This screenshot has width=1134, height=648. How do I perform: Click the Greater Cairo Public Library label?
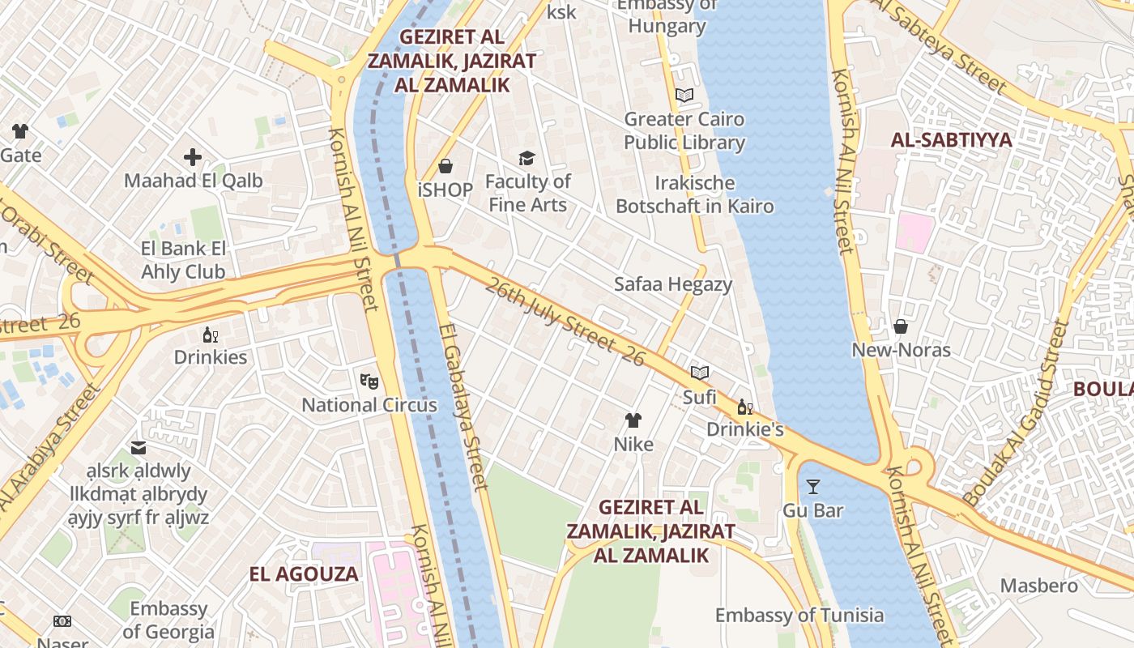[x=684, y=130]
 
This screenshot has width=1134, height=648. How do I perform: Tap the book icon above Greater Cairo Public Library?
[x=684, y=96]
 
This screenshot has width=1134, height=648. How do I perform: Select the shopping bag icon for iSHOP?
[x=445, y=166]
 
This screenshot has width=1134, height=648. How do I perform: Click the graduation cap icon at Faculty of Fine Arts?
[x=527, y=158]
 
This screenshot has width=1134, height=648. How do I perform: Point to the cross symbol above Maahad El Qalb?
[x=193, y=156]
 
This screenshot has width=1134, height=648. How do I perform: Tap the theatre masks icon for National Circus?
[x=369, y=381]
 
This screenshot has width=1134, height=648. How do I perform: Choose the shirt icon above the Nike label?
[x=633, y=420]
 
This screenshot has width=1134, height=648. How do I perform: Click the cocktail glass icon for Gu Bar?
[x=813, y=487]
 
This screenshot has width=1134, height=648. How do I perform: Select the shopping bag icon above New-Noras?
[x=901, y=326]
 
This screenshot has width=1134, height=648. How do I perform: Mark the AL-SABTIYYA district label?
[x=951, y=140]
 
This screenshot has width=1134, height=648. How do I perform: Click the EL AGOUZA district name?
[x=304, y=574]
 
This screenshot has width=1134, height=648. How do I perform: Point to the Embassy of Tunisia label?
[x=799, y=615]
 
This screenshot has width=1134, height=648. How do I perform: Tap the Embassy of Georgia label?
[x=168, y=620]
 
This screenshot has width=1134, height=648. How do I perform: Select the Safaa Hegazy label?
[x=672, y=284]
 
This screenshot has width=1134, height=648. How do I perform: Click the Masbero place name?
[x=1038, y=586]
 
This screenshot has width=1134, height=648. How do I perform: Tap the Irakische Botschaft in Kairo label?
[x=694, y=194]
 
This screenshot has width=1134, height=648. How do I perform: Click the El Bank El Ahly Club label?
[x=184, y=260]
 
